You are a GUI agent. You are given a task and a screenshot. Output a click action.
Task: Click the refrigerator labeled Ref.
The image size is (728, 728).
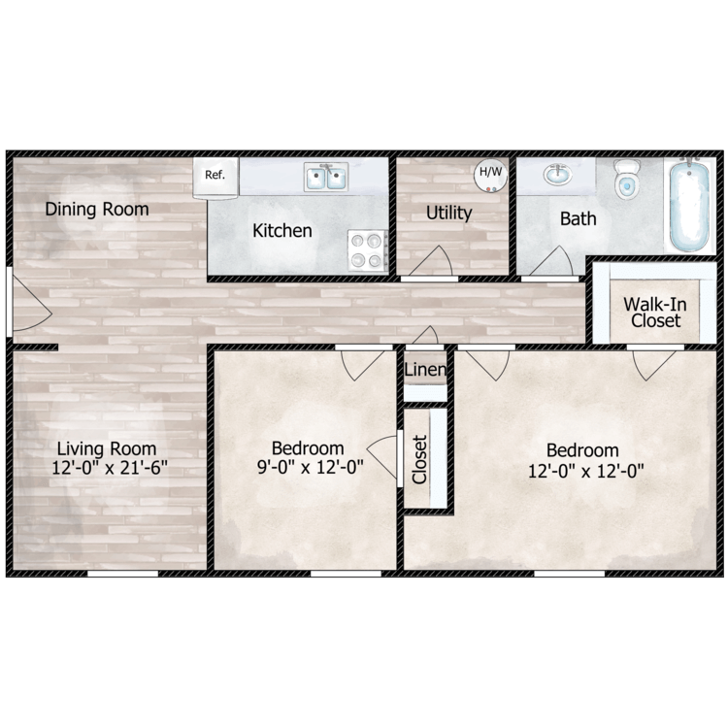click(x=215, y=177)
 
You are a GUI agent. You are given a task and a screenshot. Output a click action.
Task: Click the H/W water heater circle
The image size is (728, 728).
click(x=489, y=174)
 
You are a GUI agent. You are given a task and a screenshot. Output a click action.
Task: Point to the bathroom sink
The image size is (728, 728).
click(x=557, y=176)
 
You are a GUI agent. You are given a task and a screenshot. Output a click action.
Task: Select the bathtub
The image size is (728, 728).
click(x=689, y=205)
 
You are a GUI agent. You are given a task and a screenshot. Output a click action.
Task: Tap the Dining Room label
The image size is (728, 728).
click(x=97, y=209)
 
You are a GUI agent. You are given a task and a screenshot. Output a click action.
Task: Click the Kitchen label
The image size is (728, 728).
click(x=282, y=231)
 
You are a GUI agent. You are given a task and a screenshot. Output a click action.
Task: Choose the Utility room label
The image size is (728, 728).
click(x=448, y=213)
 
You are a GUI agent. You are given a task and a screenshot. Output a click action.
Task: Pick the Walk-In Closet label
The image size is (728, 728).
click(x=655, y=312)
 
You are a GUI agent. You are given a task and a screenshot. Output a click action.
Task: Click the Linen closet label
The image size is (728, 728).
click(x=425, y=371)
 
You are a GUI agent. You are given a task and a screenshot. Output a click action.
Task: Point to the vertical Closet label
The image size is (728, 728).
click(x=419, y=459)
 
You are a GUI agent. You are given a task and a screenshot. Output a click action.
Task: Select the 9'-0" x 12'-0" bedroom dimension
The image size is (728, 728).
click(x=308, y=466)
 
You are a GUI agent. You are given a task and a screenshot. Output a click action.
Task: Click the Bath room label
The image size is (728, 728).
click(x=578, y=218)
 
